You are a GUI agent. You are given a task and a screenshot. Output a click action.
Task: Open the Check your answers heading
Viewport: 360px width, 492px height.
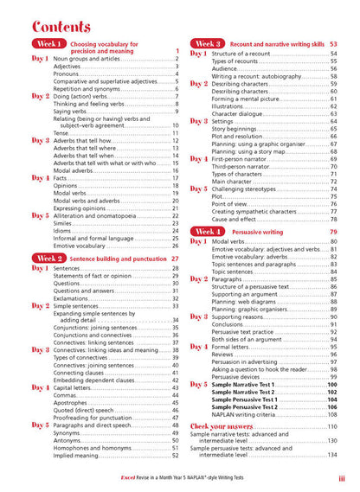228,427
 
